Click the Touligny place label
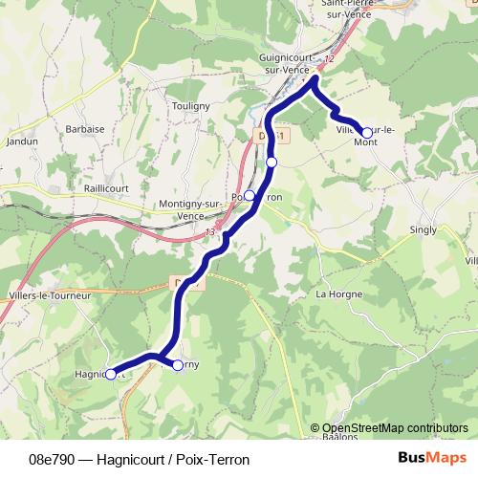[x=185, y=106]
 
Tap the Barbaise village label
[x=84, y=127]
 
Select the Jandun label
[x=21, y=141]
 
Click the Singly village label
[x=423, y=229]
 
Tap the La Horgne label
[x=336, y=293]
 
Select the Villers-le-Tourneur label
[x=49, y=295]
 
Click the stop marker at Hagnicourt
[x=110, y=374]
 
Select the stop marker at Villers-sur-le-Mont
[x=366, y=133]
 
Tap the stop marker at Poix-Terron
[x=250, y=195]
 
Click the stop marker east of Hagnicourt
[x=177, y=364]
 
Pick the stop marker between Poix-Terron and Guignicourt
[x=272, y=163]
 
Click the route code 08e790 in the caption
[x=53, y=460]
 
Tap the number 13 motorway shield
[x=210, y=232]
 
